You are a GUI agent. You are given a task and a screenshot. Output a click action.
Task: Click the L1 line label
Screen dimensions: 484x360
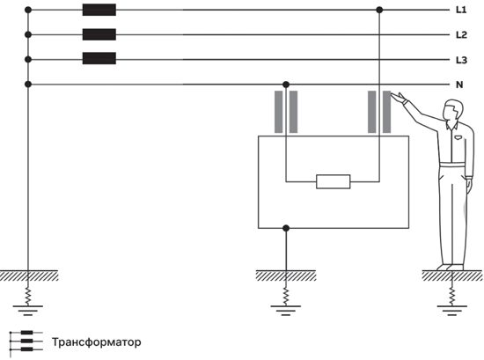tap(461, 10)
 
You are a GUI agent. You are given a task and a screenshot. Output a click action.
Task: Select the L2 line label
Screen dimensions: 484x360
tap(461, 35)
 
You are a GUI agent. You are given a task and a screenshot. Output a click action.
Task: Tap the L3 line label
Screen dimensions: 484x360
tap(461, 60)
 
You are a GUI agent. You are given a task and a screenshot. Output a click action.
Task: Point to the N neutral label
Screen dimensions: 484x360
tap(459, 84)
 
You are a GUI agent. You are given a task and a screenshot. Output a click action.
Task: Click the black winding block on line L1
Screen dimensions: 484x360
tap(99, 10)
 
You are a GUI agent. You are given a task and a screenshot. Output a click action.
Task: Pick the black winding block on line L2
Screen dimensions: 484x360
tap(99, 34)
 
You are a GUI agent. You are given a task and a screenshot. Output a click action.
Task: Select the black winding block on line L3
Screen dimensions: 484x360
tap(99, 58)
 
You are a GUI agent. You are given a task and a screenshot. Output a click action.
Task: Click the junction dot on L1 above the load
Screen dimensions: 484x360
tap(379, 10)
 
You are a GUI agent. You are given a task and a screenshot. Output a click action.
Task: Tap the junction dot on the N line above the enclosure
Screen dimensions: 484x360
tap(286, 84)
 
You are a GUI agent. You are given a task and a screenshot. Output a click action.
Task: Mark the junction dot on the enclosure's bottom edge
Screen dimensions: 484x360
tap(286, 228)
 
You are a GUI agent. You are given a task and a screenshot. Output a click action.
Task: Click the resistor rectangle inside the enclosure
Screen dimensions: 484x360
tap(334, 181)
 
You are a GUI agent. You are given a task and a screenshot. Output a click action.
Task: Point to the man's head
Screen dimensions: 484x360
tap(453, 110)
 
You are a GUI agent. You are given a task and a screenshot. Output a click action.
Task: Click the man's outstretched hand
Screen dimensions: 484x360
tap(400, 98)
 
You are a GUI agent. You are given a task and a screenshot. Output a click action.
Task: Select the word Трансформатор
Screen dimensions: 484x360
tap(96, 342)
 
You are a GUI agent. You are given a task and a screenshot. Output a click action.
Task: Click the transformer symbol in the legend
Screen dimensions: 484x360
tap(26, 341)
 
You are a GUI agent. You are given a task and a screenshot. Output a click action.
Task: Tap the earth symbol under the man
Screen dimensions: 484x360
tap(452, 311)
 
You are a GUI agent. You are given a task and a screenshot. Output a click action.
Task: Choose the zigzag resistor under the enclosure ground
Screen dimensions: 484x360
tap(286, 296)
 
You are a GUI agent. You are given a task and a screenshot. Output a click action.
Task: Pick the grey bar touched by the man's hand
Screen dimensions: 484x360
tap(387, 112)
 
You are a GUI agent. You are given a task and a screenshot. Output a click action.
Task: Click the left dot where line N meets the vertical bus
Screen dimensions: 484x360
tap(28, 84)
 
